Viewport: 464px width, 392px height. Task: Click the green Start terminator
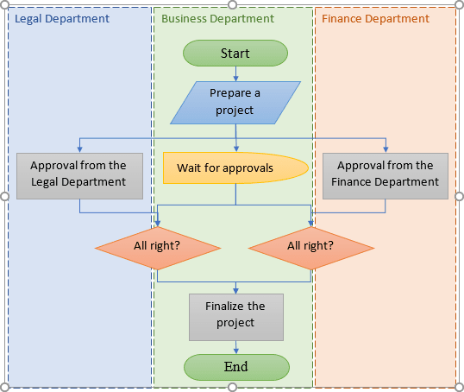coord(235,54)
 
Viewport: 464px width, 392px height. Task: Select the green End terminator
coord(235,367)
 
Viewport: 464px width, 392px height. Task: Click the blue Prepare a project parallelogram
coord(235,102)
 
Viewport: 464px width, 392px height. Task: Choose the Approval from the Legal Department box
coord(78,174)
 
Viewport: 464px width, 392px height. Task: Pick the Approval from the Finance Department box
coord(386,174)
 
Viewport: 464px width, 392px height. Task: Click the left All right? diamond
coord(158,245)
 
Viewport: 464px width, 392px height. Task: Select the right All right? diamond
coord(311,245)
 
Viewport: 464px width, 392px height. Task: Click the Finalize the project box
coord(235,315)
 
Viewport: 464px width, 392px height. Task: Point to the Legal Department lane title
coord(62,18)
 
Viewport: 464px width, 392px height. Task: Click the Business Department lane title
coord(217,18)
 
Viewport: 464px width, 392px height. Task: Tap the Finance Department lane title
coord(375,18)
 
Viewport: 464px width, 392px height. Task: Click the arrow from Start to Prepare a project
coord(235,73)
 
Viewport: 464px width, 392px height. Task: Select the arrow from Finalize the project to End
coord(235,346)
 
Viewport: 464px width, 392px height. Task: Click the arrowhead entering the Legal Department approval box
coord(79,149)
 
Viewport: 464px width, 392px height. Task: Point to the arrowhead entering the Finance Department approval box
coord(386,149)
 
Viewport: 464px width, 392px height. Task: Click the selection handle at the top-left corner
coord(5,5)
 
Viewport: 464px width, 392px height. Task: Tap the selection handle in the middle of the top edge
coord(232,5)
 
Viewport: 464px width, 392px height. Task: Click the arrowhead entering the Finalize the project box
coord(235,290)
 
